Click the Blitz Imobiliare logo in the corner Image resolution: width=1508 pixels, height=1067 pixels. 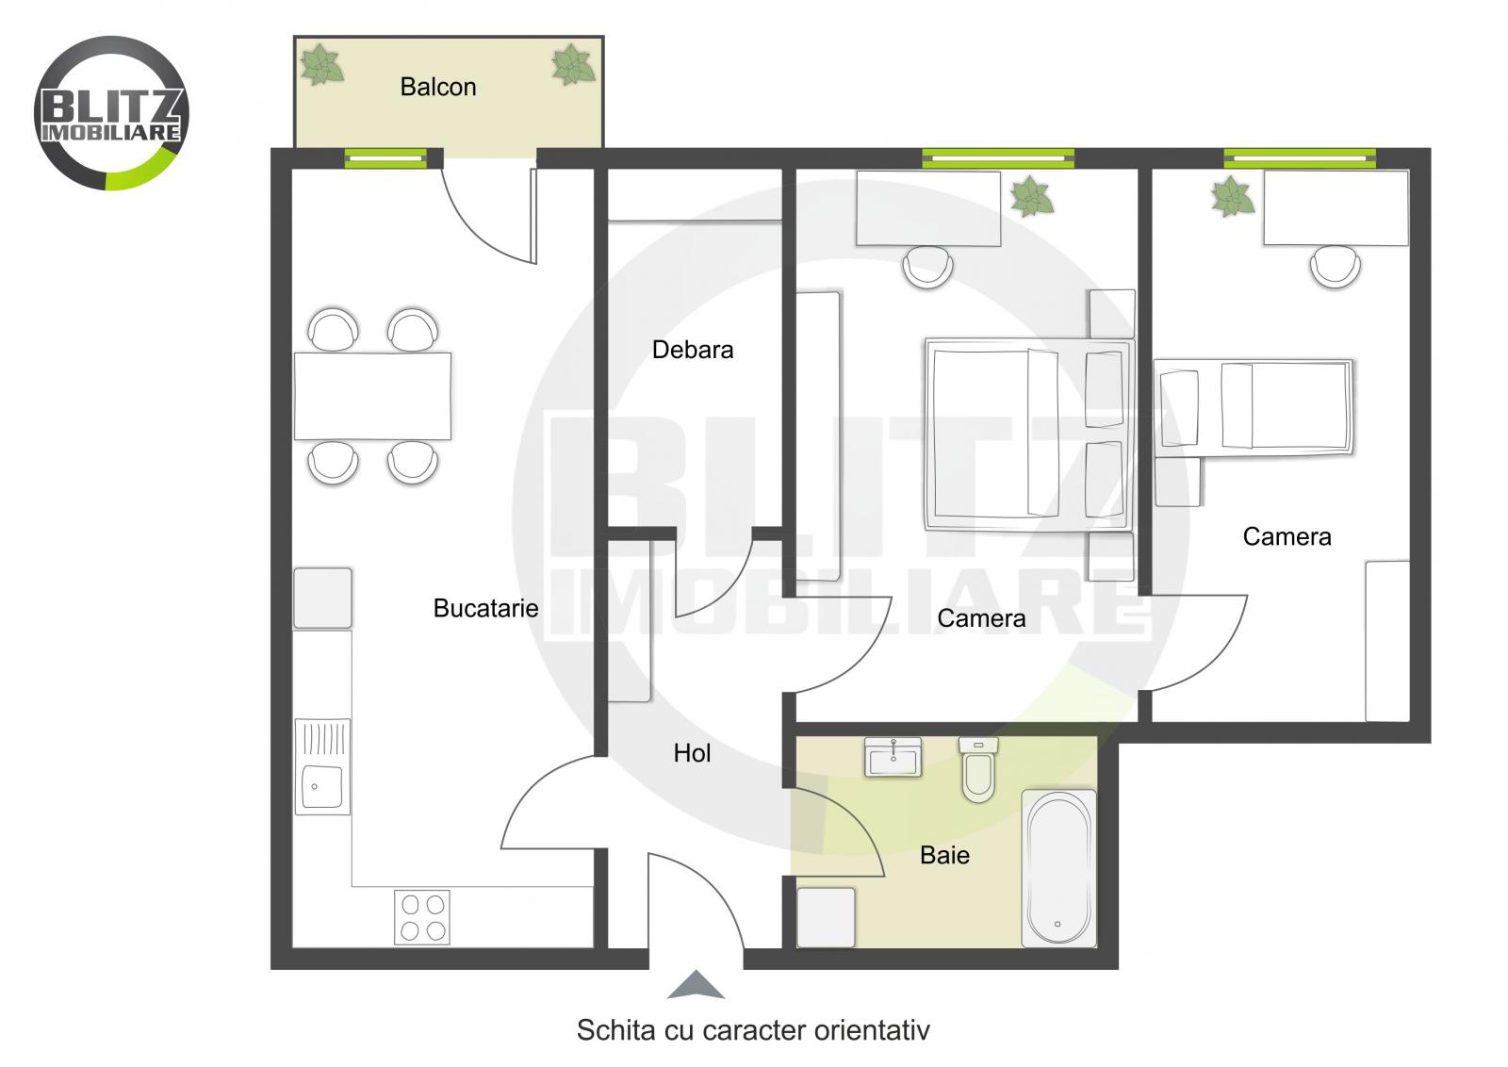click(x=111, y=113)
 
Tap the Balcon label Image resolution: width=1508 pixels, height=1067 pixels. click(x=438, y=87)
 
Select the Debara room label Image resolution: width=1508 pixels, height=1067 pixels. click(x=693, y=350)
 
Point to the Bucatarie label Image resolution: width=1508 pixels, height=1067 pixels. click(x=485, y=608)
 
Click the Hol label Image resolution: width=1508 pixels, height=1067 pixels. click(x=692, y=753)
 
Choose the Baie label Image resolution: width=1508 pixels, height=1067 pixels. click(x=944, y=855)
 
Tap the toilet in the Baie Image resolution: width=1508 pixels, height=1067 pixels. click(x=978, y=770)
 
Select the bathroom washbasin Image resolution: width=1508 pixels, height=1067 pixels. click(x=893, y=757)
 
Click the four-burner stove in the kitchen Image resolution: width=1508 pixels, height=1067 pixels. click(x=422, y=917)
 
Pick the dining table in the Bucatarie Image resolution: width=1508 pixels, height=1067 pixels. click(x=372, y=396)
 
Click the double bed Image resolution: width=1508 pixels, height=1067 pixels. click(x=1027, y=434)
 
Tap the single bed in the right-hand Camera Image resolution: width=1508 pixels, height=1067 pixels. click(x=1254, y=407)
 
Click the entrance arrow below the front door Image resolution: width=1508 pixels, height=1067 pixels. click(x=696, y=985)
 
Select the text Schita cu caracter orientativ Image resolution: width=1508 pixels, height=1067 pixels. click(x=753, y=1030)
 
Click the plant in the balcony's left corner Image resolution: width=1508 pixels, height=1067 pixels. click(x=321, y=65)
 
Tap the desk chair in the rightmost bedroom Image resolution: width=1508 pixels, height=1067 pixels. click(x=1335, y=266)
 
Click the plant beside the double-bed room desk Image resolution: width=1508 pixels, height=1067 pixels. click(x=1031, y=196)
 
